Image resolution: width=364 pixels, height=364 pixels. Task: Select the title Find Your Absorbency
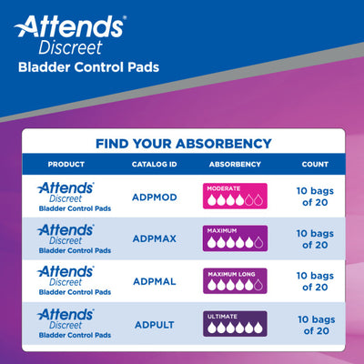pos(182,143)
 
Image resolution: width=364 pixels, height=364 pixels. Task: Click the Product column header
pos(67,165)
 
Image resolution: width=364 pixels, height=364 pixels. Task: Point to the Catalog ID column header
pos(149,165)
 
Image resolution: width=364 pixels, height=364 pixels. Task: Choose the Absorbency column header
pos(235,165)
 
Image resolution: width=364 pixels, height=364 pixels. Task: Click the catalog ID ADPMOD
pos(149,196)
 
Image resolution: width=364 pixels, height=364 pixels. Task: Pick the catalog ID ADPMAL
pos(149,283)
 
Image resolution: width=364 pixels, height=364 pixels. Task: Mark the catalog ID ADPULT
pos(149,325)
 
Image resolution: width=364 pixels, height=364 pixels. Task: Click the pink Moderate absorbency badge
pos(236,196)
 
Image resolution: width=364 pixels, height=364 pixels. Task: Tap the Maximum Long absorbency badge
pos(236,282)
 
